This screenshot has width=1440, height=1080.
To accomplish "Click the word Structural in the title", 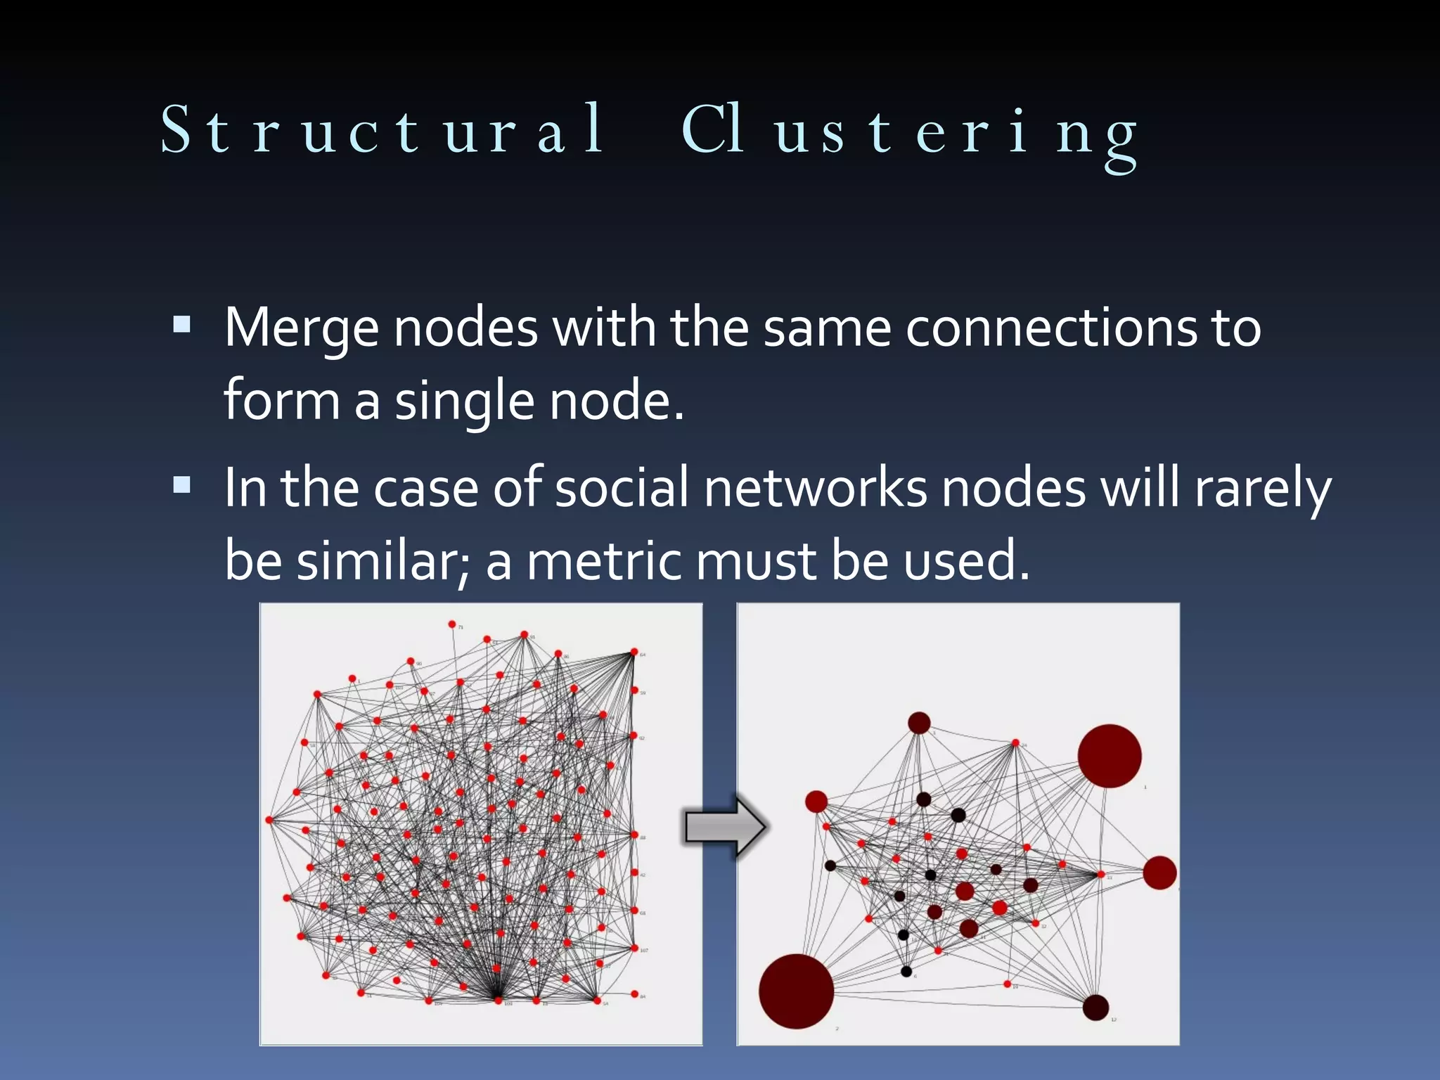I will click(x=383, y=130).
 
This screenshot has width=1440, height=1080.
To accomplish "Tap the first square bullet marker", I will click(x=182, y=324).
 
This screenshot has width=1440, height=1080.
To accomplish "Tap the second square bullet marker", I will click(x=182, y=484).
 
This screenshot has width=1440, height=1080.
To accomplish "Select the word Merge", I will click(x=301, y=328).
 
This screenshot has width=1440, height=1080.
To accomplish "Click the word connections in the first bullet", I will click(x=1051, y=328).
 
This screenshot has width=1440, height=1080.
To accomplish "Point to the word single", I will click(x=464, y=401).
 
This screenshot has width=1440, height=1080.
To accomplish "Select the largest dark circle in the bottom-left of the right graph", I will click(x=796, y=991).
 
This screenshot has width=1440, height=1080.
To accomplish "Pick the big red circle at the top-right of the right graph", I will click(x=1109, y=756).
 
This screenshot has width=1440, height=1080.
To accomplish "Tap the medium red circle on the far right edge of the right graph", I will click(x=1159, y=873).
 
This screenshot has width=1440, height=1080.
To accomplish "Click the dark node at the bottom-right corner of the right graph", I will click(x=1095, y=1008).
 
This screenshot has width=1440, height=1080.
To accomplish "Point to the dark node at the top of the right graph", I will click(x=919, y=722).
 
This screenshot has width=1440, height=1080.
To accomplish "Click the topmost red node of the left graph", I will click(x=452, y=624).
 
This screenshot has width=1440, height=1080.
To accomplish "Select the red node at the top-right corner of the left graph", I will click(x=634, y=652).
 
